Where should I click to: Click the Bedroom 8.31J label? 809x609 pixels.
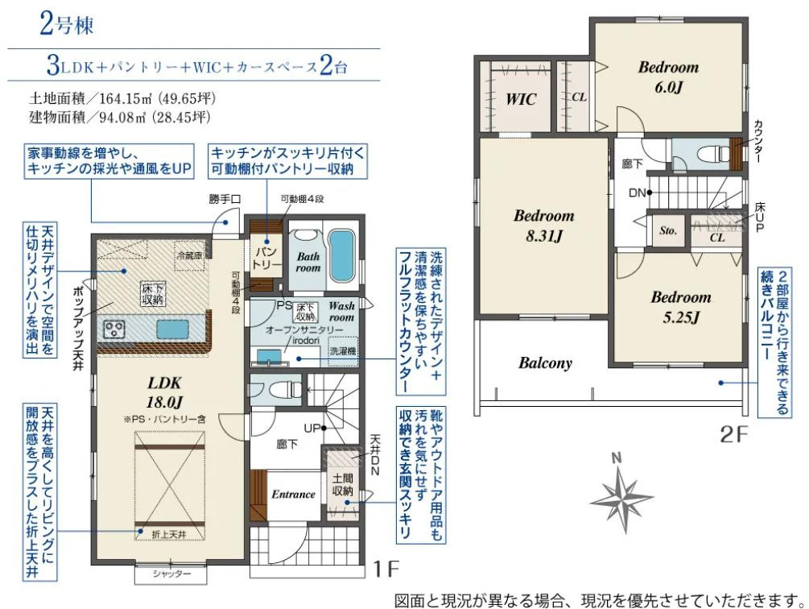tap(543, 226)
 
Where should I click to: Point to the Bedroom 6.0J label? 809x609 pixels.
tap(668, 77)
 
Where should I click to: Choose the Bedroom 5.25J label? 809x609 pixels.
tap(681, 306)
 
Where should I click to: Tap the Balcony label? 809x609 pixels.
tap(545, 362)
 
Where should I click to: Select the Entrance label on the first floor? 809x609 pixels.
tap(292, 494)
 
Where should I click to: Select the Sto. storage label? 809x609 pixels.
tap(669, 230)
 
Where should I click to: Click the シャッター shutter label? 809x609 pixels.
tap(171, 574)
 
